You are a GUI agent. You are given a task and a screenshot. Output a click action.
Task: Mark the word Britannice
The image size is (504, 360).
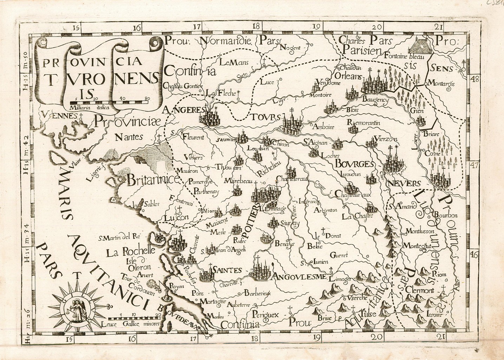point(153,180)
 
